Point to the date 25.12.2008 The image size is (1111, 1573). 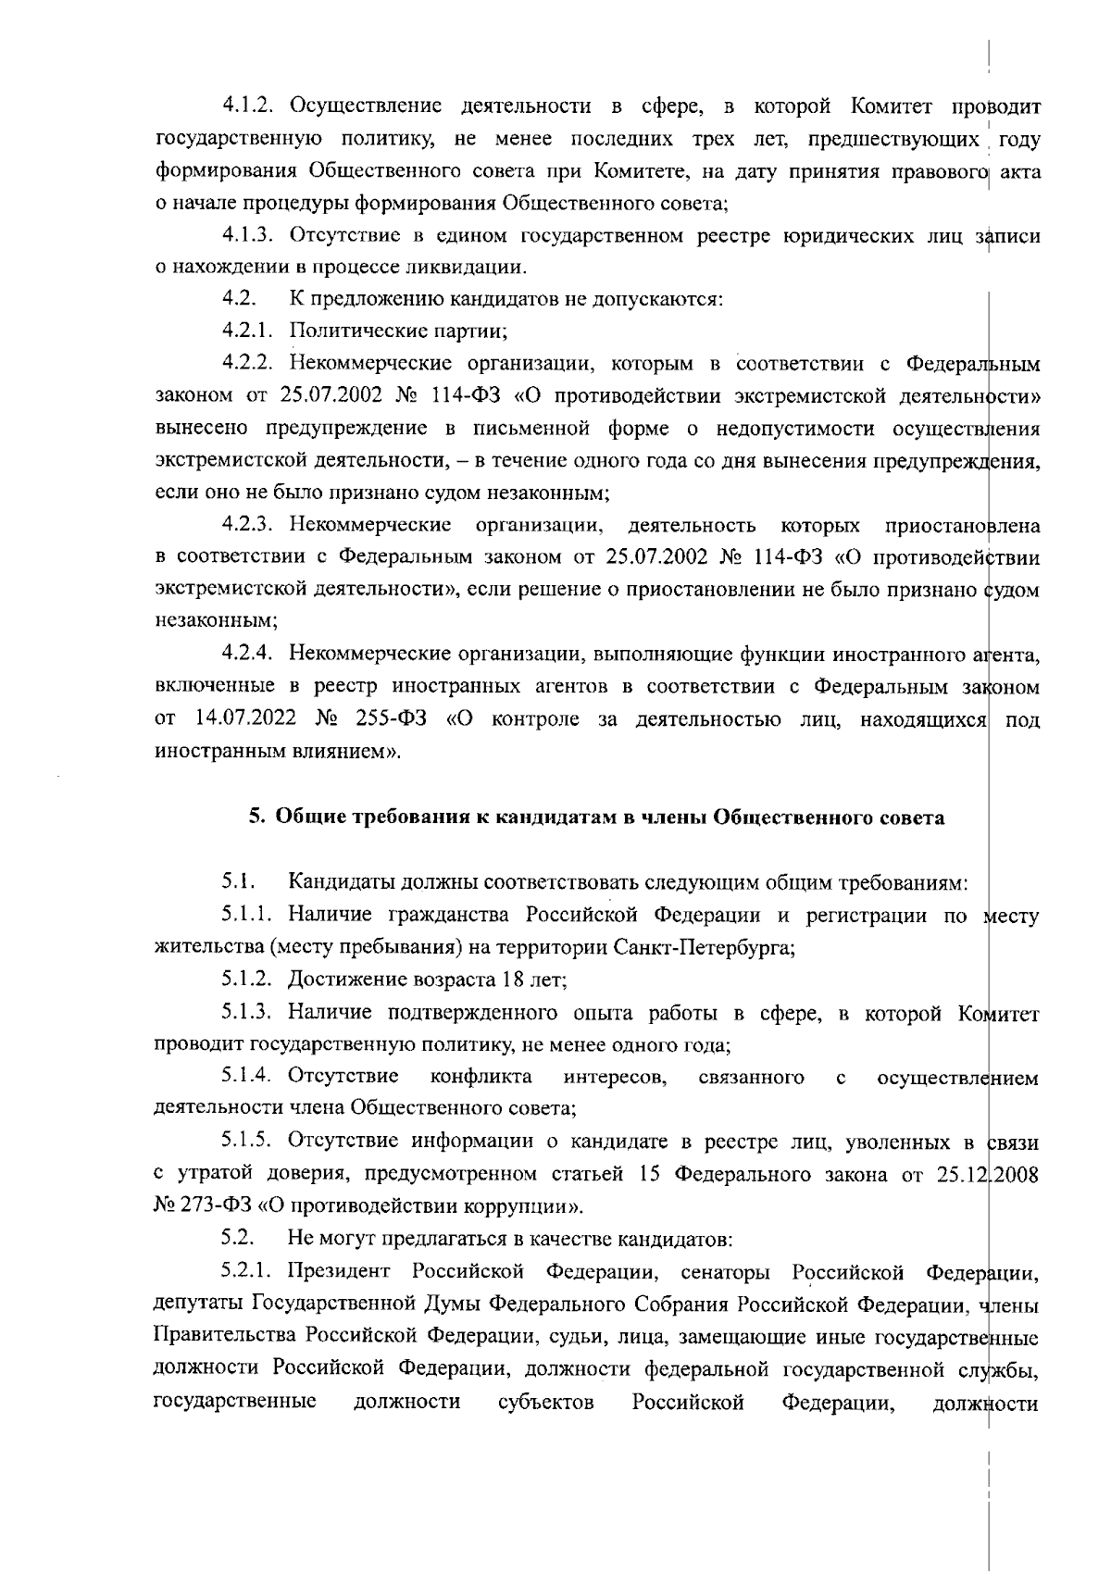pyautogui.click(x=990, y=1175)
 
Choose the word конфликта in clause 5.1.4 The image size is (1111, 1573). pyautogui.click(x=481, y=1077)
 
